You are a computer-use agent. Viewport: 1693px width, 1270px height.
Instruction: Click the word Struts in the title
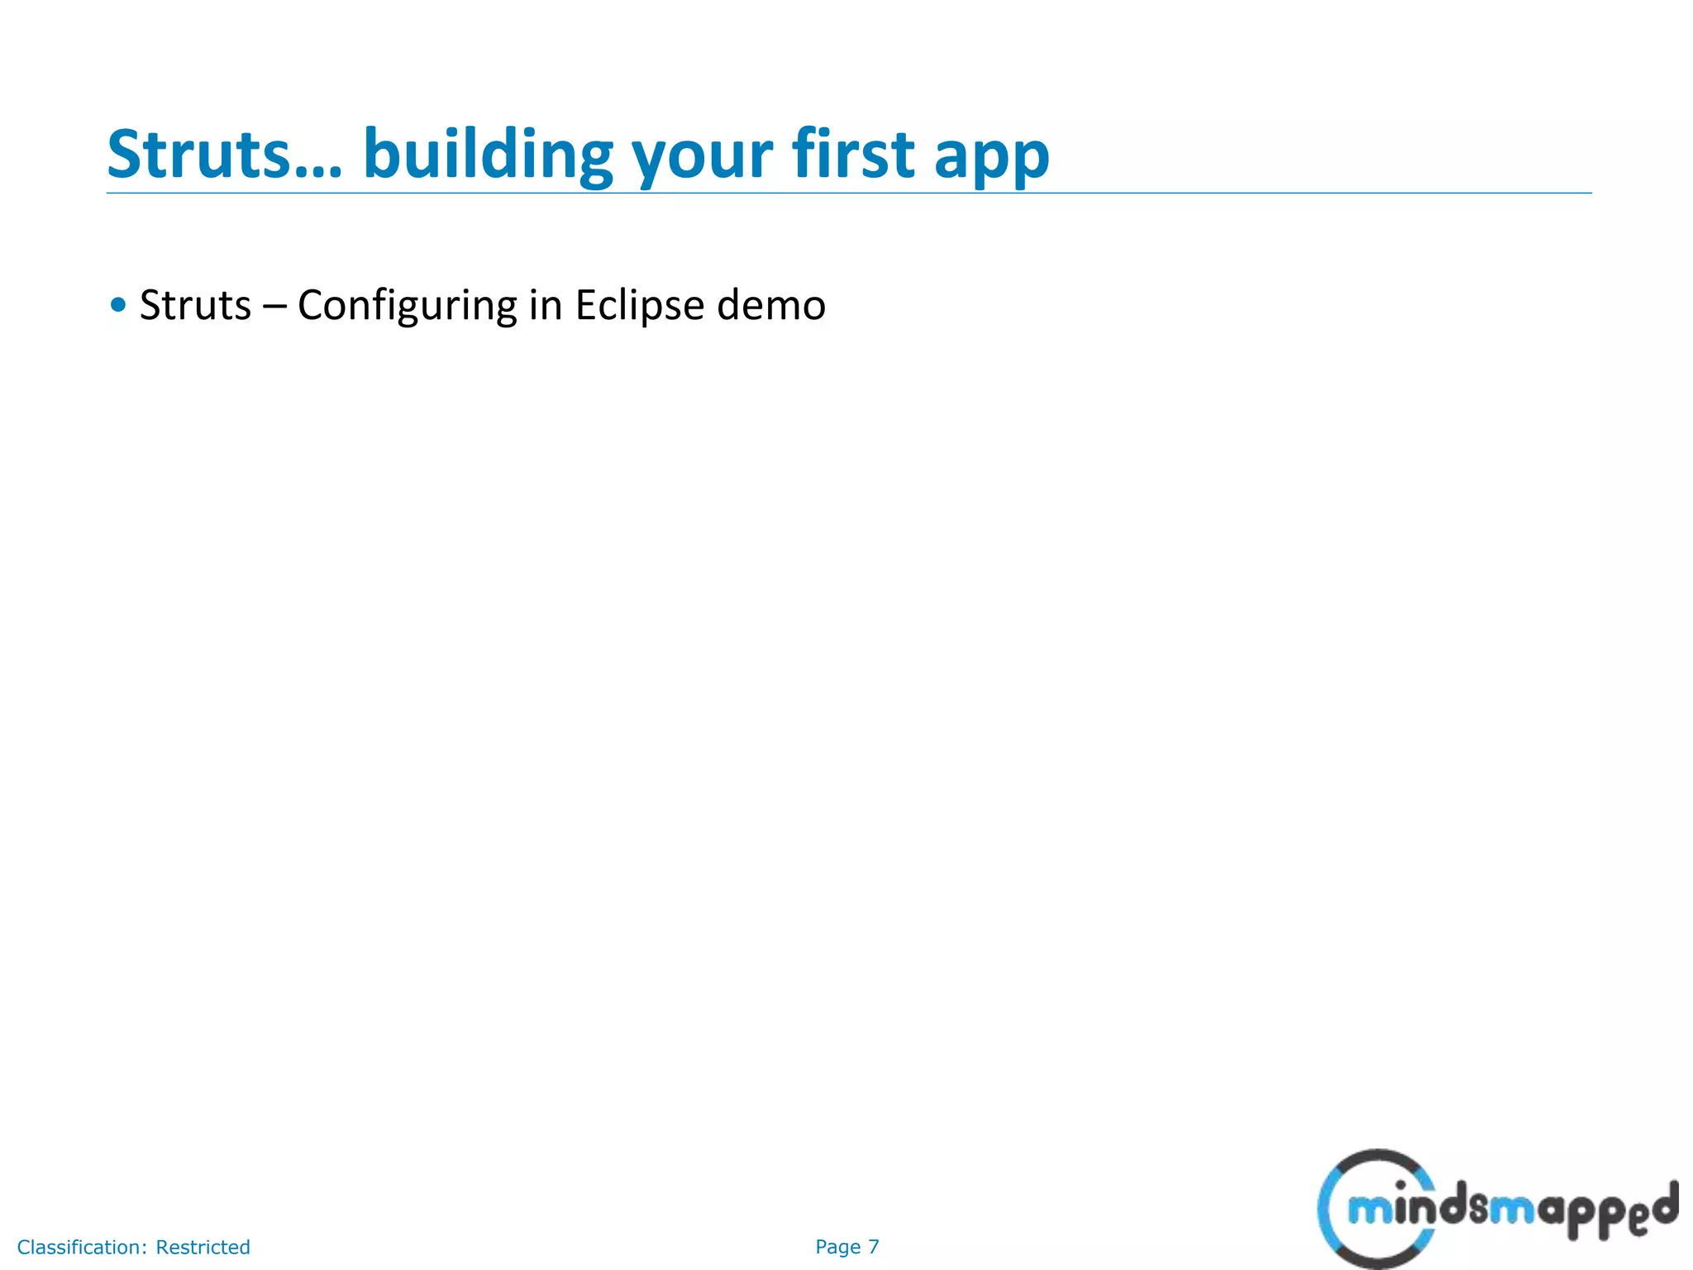pos(198,155)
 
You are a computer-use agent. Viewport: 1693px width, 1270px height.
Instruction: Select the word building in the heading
pos(488,155)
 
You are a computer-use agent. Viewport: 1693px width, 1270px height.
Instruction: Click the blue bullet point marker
pos(118,304)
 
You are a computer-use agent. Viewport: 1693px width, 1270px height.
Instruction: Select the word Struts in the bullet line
pos(195,305)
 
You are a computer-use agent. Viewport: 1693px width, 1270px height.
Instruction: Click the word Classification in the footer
pos(81,1247)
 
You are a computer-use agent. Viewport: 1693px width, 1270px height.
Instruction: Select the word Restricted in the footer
pos(203,1247)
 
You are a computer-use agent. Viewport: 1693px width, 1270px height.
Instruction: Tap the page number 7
pos(873,1247)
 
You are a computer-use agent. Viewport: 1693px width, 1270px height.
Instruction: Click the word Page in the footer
pos(837,1247)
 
